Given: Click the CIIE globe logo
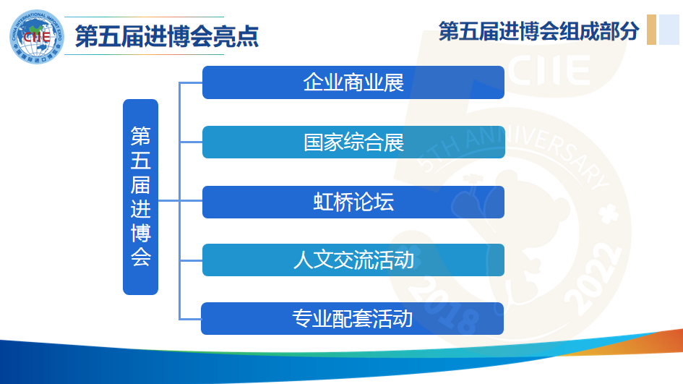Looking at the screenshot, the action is pos(37,37).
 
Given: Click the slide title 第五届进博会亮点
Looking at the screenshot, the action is pos(167,36).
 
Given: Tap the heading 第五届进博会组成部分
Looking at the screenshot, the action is pos(539,31).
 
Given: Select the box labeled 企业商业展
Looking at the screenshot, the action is pos(353,82).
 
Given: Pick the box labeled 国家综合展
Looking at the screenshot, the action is pos(353,142).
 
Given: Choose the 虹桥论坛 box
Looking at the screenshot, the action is pos(353,202).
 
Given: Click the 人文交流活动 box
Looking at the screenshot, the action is pos(353,260).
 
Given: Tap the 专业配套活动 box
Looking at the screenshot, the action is pos(352,319).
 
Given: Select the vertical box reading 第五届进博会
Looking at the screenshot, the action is pos(140,197).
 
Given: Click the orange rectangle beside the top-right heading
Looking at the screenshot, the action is pos(652,30).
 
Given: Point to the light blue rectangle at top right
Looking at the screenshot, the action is pos(669,30).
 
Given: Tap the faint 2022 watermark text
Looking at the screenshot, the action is pos(593,278).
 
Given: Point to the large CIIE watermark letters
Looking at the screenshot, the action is pos(549,69).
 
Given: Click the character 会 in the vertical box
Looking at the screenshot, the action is pos(141,257).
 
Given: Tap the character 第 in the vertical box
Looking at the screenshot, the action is pos(141,137).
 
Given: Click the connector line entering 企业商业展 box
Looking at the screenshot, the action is pos(191,82).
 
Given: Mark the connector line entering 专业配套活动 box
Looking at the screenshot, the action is pos(191,319).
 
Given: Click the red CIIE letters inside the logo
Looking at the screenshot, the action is pos(37,36).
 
